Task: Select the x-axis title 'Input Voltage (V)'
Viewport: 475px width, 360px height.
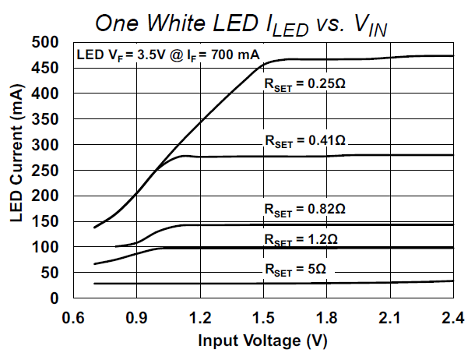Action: pyautogui.click(x=262, y=341)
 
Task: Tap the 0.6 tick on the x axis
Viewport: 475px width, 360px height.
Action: pyautogui.click(x=73, y=317)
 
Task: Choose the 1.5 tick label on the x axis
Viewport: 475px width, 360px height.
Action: pyautogui.click(x=263, y=317)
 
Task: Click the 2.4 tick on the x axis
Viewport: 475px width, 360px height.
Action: pyautogui.click(x=452, y=317)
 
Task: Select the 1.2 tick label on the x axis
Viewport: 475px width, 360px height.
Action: pyautogui.click(x=200, y=317)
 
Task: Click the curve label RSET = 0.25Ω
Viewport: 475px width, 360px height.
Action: pyautogui.click(x=304, y=82)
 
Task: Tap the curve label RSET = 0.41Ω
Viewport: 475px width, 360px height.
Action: pyautogui.click(x=304, y=140)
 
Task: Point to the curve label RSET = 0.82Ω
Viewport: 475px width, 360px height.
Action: pyautogui.click(x=304, y=210)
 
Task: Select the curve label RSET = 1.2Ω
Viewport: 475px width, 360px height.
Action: pyautogui.click(x=299, y=238)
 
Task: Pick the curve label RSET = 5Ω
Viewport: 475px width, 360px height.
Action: pyautogui.click(x=294, y=270)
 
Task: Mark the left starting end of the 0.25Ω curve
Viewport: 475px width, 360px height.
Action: pyautogui.click(x=94, y=228)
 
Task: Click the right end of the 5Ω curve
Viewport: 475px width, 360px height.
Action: pyautogui.click(x=452, y=281)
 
